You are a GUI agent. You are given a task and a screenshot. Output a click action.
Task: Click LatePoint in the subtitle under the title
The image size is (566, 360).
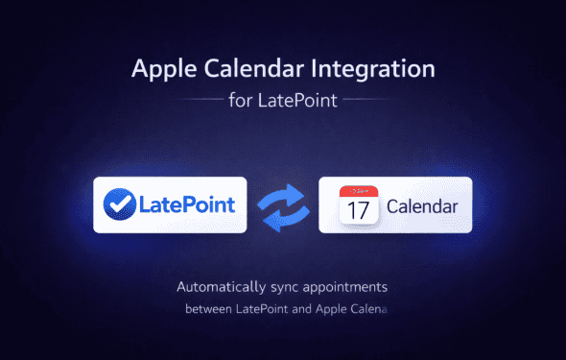(298, 100)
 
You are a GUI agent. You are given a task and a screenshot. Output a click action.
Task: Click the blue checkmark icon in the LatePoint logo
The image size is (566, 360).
(119, 204)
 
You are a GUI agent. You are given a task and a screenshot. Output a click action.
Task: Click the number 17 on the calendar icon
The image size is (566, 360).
(357, 210)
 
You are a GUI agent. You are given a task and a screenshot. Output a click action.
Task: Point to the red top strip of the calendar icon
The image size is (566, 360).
(357, 192)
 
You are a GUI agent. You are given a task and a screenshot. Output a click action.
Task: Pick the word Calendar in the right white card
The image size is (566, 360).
(422, 205)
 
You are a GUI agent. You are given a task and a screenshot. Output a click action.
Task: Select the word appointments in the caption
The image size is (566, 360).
(352, 288)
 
